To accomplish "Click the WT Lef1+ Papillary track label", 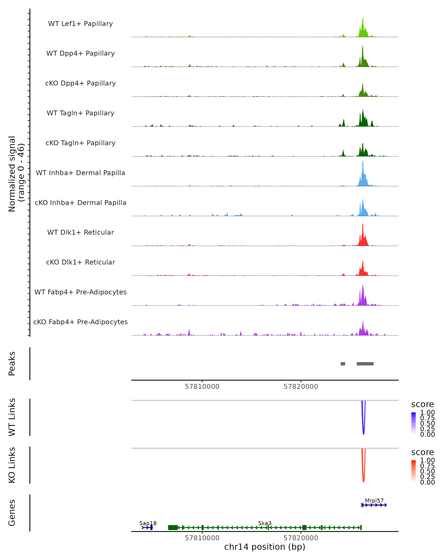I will pyautogui.click(x=80, y=24).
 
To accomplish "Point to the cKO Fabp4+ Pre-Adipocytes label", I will pyautogui.click(x=80, y=322).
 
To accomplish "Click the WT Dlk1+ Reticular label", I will pyautogui.click(x=80, y=232).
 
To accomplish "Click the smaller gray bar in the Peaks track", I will pyautogui.click(x=343, y=364).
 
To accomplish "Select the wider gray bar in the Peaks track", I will pyautogui.click(x=365, y=364).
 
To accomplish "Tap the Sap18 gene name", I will pyautogui.click(x=148, y=523).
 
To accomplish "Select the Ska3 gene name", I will pyautogui.click(x=265, y=523).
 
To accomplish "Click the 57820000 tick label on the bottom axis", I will pyautogui.click(x=301, y=538).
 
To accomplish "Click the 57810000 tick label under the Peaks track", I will pyautogui.click(x=202, y=387).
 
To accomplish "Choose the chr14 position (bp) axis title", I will pyautogui.click(x=265, y=547).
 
